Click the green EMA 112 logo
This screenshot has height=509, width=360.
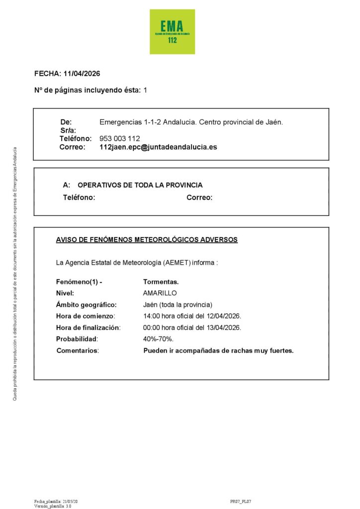172,32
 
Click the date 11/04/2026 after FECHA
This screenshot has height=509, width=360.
82,74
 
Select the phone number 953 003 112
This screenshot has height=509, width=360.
120,139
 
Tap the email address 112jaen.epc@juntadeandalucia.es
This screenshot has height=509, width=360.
158,147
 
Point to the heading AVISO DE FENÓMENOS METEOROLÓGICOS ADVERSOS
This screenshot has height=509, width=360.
147,240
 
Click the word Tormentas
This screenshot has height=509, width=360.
161,282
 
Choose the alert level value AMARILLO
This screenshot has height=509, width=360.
160,293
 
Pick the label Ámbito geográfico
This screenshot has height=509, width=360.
86,305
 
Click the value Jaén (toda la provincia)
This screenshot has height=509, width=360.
178,305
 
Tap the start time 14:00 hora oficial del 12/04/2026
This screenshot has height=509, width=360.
192,316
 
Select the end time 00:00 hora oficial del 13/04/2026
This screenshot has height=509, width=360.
192,328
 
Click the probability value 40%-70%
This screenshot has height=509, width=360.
158,339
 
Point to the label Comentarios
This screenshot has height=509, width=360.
78,350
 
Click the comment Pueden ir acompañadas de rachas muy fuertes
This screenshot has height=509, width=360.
218,350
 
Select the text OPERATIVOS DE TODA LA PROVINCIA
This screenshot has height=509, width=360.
140,185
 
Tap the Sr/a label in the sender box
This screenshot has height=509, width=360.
67,130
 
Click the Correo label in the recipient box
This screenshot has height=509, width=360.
199,197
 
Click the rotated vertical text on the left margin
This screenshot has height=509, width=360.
15,273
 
